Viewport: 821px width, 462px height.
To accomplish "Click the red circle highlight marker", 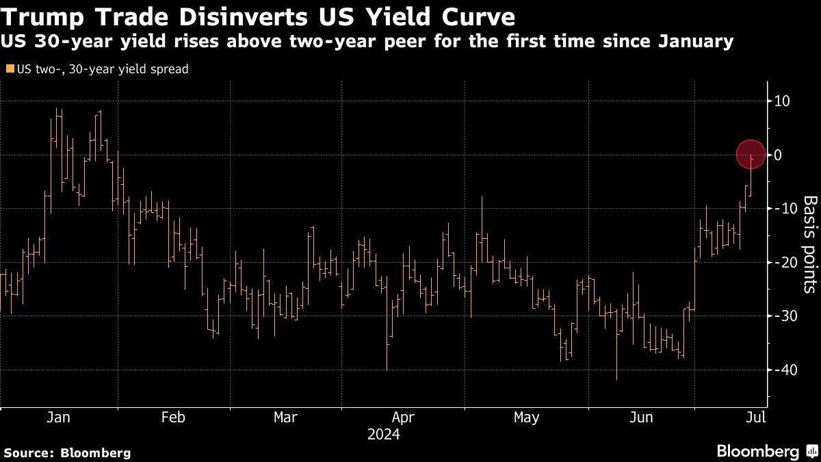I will (x=751, y=154).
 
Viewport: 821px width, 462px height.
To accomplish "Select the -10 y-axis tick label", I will (x=783, y=208).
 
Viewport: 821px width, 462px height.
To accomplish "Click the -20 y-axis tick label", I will (x=783, y=262).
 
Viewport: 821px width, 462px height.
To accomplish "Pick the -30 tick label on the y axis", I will (x=783, y=316).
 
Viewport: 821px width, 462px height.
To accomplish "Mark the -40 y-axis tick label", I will (x=783, y=370).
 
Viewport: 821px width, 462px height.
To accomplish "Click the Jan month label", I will (x=59, y=418).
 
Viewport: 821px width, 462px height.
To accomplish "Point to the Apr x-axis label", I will (x=403, y=418).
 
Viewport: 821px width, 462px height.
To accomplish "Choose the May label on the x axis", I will (x=525, y=418).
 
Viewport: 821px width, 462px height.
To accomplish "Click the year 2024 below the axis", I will (x=383, y=434).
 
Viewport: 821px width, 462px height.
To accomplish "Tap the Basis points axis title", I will (x=809, y=244).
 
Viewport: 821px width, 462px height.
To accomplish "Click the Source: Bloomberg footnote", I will (x=67, y=452).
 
